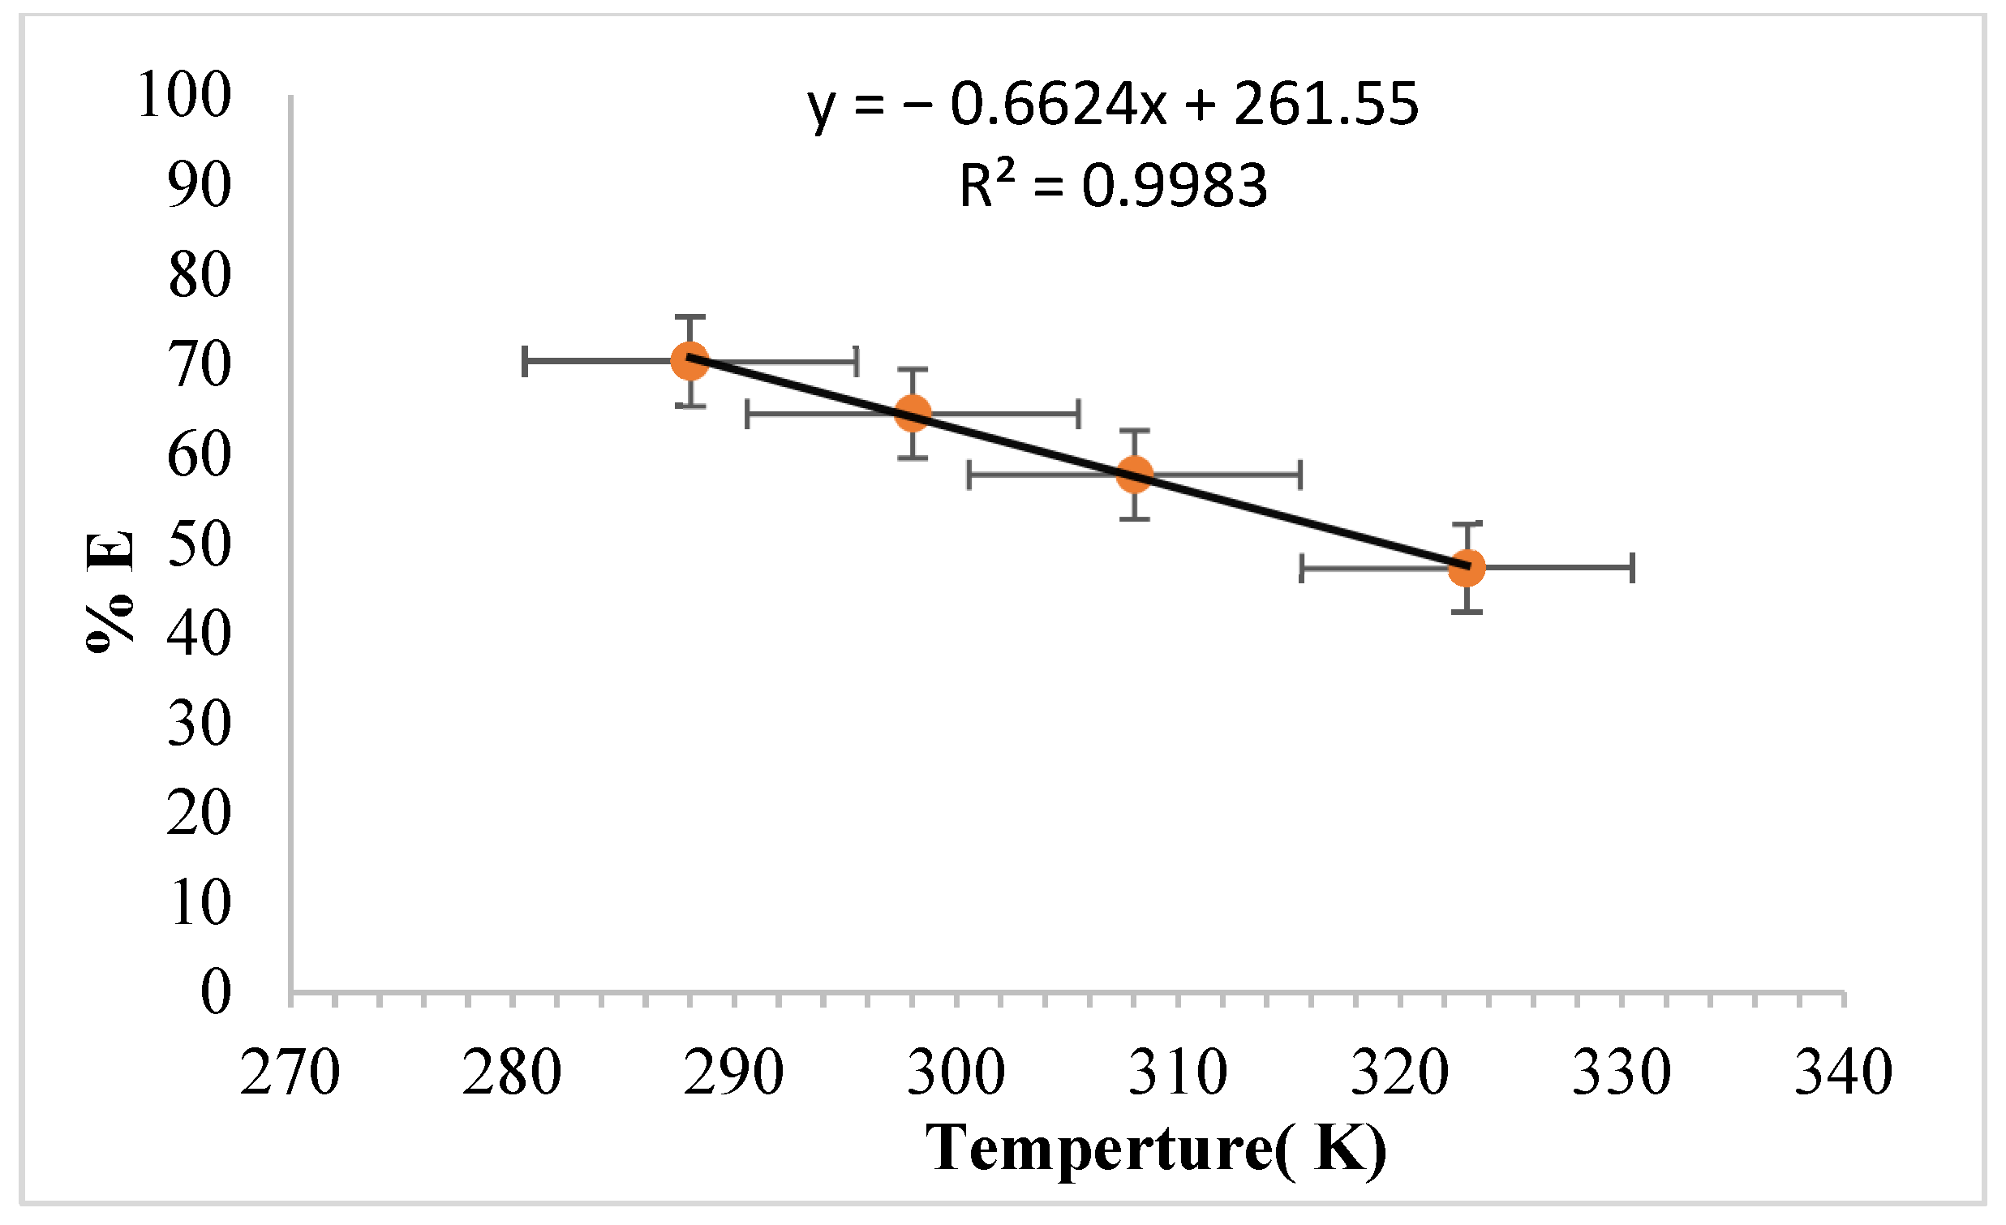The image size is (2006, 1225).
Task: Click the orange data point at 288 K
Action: [x=689, y=360]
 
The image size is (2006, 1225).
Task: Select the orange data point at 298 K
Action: [x=913, y=414]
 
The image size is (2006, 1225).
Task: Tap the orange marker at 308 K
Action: [x=1134, y=474]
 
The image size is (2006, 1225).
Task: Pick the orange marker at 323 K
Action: [x=1467, y=567]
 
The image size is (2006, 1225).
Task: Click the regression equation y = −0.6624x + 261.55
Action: [x=1112, y=104]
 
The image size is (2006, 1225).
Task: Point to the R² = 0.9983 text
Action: [x=1112, y=186]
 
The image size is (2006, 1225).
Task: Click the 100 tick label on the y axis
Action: [x=185, y=96]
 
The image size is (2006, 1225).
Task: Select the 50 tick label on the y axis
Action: [x=199, y=544]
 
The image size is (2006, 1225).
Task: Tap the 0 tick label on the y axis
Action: [x=216, y=992]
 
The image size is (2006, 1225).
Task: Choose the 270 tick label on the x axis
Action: [x=290, y=1072]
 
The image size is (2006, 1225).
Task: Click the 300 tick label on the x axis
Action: [x=956, y=1072]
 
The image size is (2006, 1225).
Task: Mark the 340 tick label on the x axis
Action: [x=1843, y=1072]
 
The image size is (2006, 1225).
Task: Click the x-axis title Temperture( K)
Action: [x=1156, y=1148]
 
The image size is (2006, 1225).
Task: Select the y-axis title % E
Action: [x=109, y=590]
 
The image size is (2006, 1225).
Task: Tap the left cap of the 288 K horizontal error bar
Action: [x=525, y=360]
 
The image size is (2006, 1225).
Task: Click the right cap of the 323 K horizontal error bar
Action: [x=1632, y=567]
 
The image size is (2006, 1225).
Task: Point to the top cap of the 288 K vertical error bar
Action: [x=689, y=316]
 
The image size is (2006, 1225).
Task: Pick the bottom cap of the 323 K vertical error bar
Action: [x=1467, y=611]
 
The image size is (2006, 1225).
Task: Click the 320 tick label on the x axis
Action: [x=1399, y=1072]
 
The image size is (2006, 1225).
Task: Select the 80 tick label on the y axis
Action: [x=199, y=275]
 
